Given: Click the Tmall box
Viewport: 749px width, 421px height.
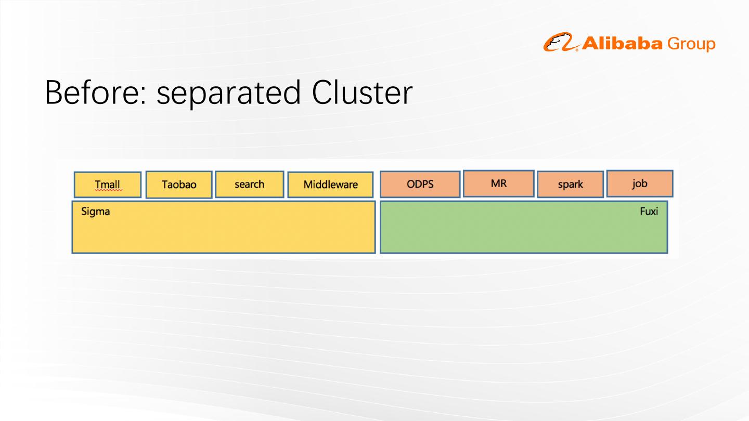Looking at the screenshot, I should [x=108, y=185].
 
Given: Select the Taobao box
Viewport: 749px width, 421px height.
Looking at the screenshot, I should [x=179, y=185].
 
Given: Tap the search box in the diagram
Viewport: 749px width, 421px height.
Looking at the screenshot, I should [x=249, y=184].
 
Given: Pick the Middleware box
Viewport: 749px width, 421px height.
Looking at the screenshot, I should [x=330, y=185].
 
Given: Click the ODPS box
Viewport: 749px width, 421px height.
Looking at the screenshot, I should [x=420, y=184].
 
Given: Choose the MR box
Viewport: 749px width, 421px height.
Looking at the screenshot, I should [x=498, y=183].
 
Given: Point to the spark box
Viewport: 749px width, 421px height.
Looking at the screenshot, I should [x=570, y=185].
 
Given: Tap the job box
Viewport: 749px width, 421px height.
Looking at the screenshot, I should [x=639, y=183].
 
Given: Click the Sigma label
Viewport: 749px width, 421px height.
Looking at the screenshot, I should [x=96, y=212].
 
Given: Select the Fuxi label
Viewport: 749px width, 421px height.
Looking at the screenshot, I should [x=649, y=212].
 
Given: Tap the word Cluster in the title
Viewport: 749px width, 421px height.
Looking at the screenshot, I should [x=362, y=93].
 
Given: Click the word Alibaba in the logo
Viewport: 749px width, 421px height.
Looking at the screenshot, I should [x=623, y=44].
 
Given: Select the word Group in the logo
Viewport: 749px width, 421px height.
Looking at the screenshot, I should [x=691, y=44].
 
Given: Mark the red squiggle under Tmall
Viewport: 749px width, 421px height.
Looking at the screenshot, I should [x=108, y=191].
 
